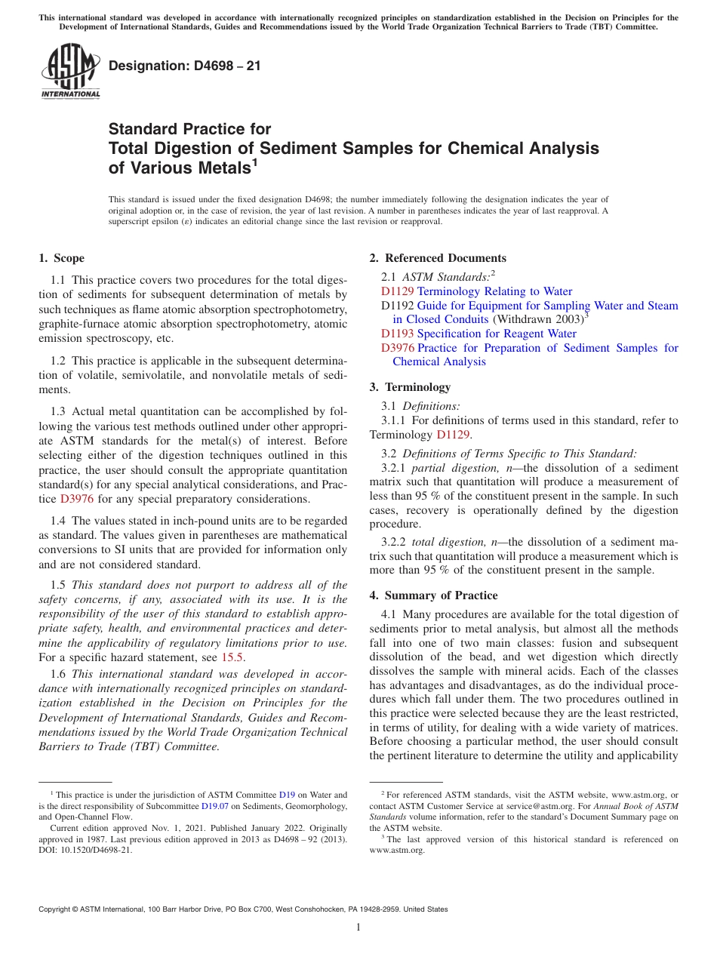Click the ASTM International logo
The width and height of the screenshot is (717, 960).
(x=70, y=74)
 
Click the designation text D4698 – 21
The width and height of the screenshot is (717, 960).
(x=185, y=66)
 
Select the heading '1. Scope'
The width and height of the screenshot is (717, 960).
(x=62, y=258)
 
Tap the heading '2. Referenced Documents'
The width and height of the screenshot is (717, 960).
(x=438, y=258)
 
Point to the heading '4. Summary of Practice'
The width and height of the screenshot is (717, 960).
(x=433, y=595)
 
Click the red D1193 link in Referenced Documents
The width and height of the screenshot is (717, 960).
(x=397, y=334)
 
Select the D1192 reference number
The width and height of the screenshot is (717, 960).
(x=397, y=306)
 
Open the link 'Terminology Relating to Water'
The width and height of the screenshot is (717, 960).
(x=494, y=291)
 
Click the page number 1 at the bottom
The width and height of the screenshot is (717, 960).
(x=358, y=927)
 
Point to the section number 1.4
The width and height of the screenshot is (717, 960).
(x=59, y=521)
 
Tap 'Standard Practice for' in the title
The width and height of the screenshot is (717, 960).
(x=189, y=129)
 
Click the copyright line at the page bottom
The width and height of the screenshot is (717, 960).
(x=243, y=909)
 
